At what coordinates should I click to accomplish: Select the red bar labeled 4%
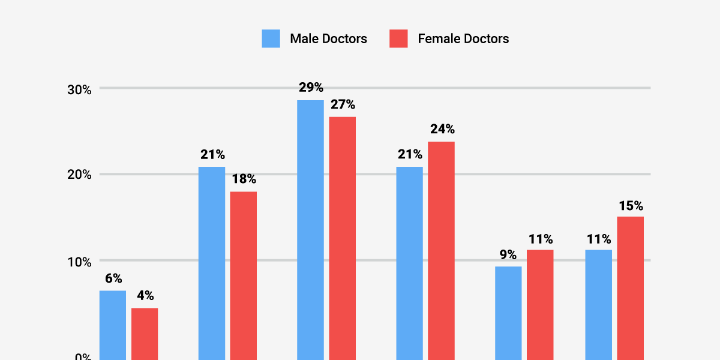pos(145,334)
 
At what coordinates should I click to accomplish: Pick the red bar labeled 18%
pos(244,275)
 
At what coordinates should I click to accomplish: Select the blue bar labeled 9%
pos(508,313)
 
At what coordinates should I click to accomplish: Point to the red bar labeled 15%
pos(631,288)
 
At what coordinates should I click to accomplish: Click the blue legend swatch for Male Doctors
pos(271,38)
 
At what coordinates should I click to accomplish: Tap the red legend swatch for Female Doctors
pos(398,38)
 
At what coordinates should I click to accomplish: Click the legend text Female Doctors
pos(463,39)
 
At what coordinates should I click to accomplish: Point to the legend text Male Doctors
pos(328,39)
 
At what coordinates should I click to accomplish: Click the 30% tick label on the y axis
pos(79,89)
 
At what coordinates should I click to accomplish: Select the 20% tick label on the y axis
pos(79,175)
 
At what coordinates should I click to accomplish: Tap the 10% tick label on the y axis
pos(79,262)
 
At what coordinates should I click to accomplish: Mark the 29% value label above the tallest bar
pos(310,88)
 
